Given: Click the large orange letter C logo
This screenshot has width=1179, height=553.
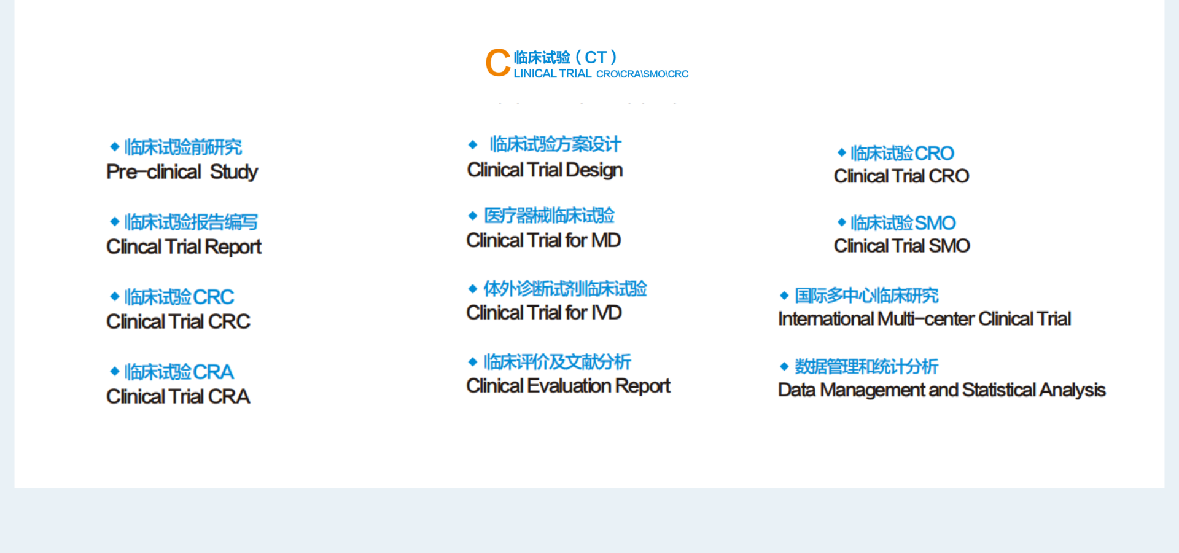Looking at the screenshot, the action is (498, 63).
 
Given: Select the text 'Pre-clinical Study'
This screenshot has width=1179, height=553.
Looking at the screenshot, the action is (182, 172).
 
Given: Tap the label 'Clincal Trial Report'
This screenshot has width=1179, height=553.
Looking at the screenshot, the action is (184, 247).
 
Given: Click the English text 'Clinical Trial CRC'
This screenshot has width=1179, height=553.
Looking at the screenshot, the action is (178, 321).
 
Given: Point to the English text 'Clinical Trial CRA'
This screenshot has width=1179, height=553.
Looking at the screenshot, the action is (178, 396).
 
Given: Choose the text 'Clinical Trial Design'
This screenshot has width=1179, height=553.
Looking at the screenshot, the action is (545, 170).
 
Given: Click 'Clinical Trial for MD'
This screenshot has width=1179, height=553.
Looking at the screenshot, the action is (543, 240).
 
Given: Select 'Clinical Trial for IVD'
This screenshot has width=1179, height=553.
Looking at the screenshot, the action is (544, 313).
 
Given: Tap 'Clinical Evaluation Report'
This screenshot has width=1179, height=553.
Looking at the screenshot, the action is (568, 386).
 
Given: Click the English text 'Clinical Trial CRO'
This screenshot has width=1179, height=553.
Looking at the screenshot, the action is (901, 176).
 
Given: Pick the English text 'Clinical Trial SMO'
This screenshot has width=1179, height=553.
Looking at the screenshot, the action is (901, 246).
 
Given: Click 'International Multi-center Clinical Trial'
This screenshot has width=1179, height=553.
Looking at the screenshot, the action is (924, 319).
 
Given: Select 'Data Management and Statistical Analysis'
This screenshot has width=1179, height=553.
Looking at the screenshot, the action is (941, 390).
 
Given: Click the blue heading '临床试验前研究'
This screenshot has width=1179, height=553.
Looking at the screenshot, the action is (183, 147).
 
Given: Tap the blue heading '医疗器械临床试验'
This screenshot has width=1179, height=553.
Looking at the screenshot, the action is (549, 216).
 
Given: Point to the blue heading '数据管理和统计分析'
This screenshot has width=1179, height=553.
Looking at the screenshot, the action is (866, 367).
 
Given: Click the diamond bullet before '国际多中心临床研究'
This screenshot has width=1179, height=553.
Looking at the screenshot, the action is (784, 296).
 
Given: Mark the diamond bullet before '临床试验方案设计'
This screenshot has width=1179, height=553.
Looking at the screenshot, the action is (473, 145).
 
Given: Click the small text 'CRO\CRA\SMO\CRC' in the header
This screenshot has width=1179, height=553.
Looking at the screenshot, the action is (642, 74).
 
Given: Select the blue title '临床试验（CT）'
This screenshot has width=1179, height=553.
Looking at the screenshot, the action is (565, 58).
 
